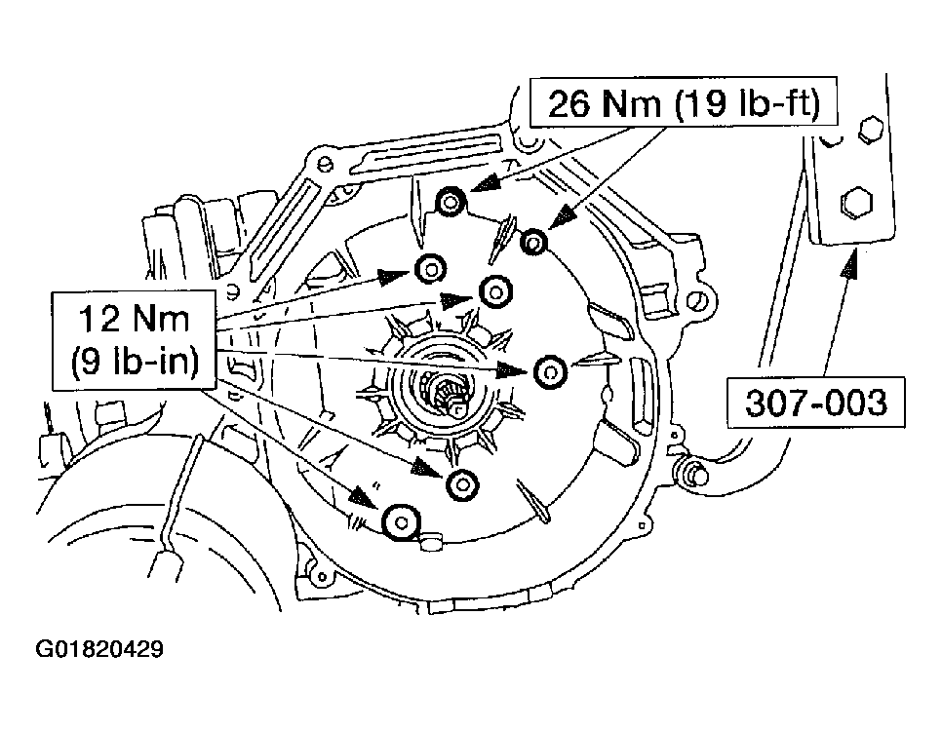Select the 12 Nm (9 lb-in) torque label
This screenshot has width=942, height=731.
(134, 339)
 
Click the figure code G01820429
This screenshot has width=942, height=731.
(99, 649)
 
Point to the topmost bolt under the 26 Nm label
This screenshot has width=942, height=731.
(449, 203)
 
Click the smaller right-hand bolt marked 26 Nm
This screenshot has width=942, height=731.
(534, 242)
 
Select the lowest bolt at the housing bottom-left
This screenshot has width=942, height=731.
(398, 522)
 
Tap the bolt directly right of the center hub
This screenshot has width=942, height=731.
(549, 371)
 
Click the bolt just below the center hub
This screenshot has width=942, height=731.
(461, 483)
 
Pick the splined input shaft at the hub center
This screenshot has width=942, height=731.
(449, 394)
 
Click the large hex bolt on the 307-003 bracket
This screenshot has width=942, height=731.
(855, 204)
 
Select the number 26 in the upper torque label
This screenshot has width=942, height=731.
(569, 103)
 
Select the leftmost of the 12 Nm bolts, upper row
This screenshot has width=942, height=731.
(430, 268)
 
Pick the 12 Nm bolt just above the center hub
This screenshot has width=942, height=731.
(496, 289)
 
